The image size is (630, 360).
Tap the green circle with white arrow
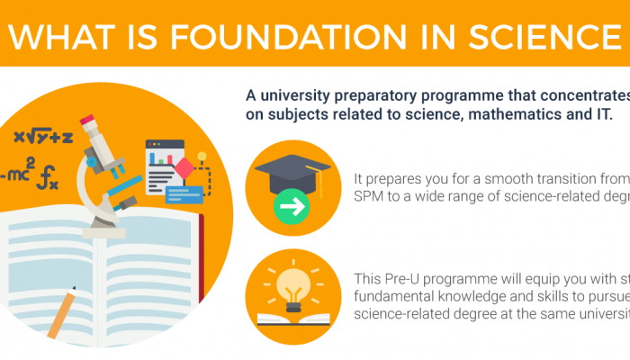[x=292, y=208]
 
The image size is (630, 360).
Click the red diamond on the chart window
[x=185, y=167]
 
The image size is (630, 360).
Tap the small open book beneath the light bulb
[x=292, y=317]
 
